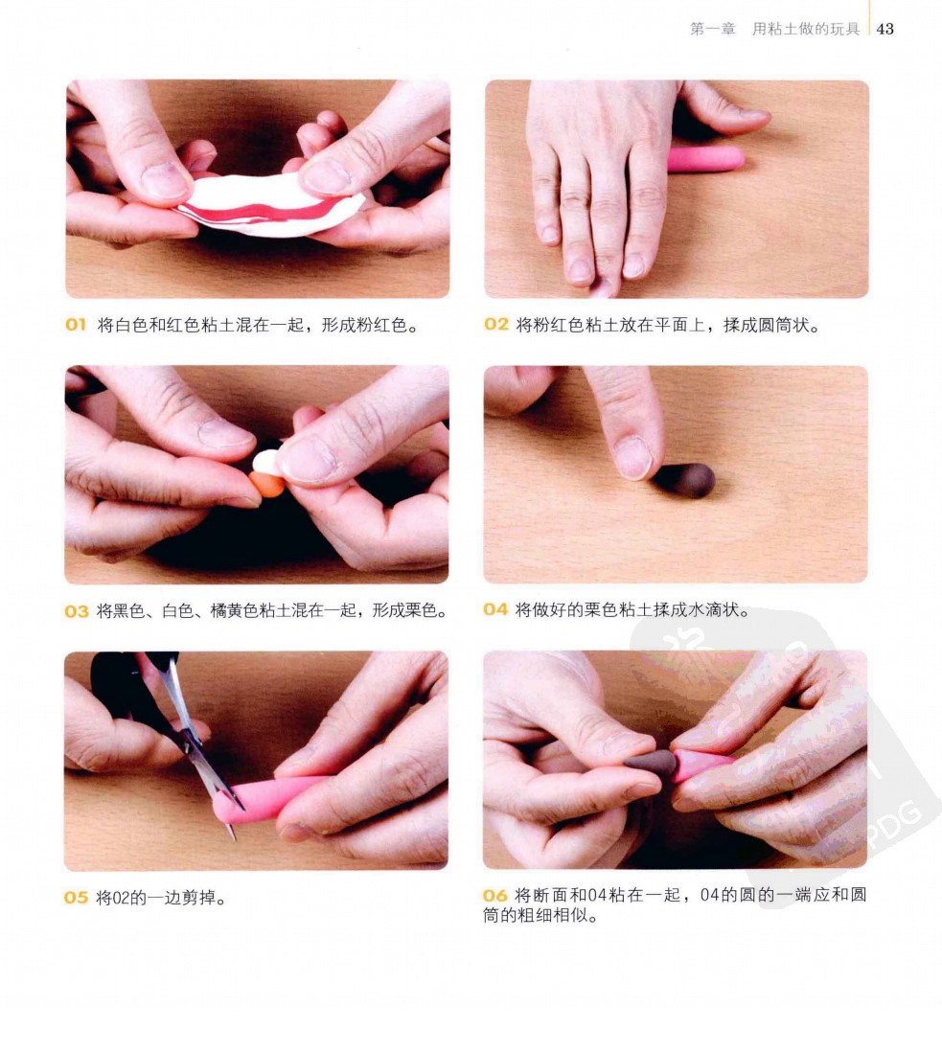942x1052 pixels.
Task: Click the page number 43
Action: (x=885, y=29)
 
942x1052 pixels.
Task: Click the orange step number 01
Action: (x=76, y=325)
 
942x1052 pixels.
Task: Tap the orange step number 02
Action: (x=495, y=325)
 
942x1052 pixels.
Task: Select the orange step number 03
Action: (x=77, y=611)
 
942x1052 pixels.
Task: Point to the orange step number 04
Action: (x=495, y=609)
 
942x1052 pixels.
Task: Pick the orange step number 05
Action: (x=76, y=897)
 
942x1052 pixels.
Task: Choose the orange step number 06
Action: (x=494, y=895)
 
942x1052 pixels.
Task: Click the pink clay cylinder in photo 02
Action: (x=705, y=159)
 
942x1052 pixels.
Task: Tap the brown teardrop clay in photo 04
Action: (x=683, y=480)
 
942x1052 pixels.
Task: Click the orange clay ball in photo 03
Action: (x=266, y=484)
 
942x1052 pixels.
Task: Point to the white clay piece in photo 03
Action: (x=266, y=462)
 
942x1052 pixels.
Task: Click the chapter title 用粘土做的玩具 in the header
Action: (x=806, y=29)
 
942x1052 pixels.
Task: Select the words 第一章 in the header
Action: (x=713, y=29)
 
